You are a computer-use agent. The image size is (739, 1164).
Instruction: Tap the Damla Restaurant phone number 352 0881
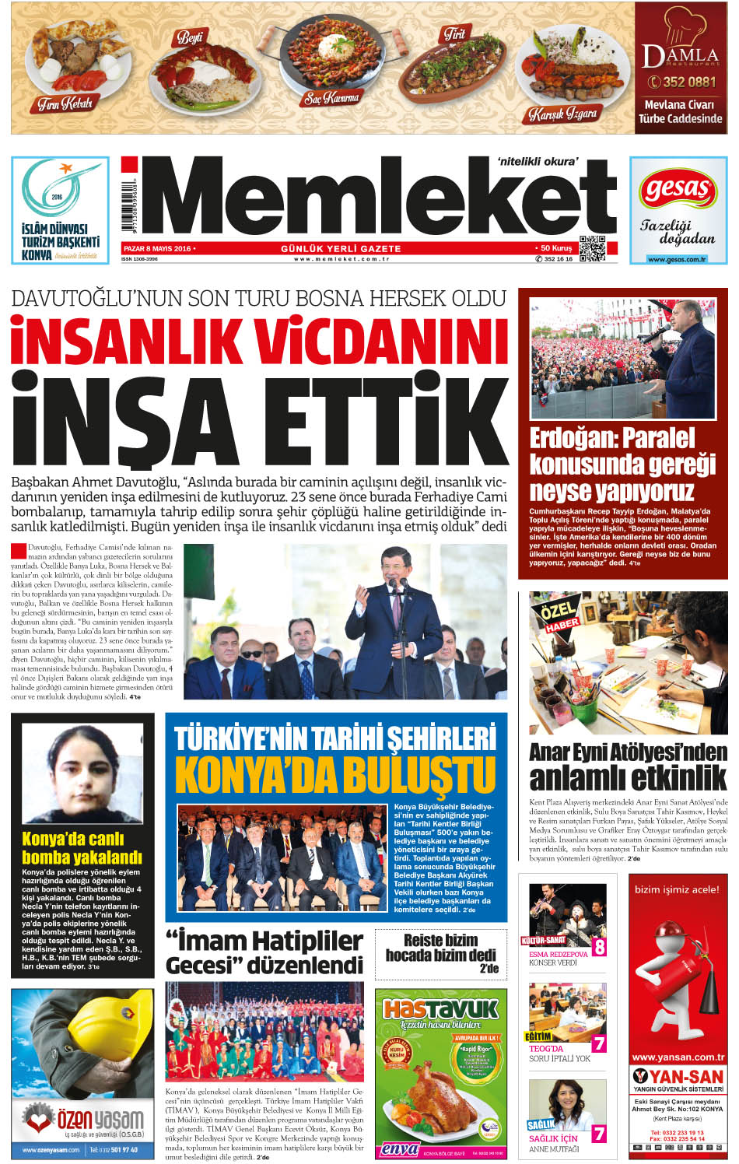[682, 82]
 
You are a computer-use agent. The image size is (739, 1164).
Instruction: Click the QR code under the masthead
[593, 249]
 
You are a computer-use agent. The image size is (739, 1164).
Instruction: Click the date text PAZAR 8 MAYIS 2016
[157, 248]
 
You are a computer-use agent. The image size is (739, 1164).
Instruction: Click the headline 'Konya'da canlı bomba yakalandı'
[82, 848]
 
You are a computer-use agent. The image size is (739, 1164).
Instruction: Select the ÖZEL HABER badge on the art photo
[559, 615]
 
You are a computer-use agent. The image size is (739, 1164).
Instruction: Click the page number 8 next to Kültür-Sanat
[599, 946]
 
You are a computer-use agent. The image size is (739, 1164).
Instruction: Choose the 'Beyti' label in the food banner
[190, 37]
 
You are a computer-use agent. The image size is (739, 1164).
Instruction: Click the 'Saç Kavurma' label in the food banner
[331, 98]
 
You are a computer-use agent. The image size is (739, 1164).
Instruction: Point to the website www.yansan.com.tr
[678, 1057]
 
